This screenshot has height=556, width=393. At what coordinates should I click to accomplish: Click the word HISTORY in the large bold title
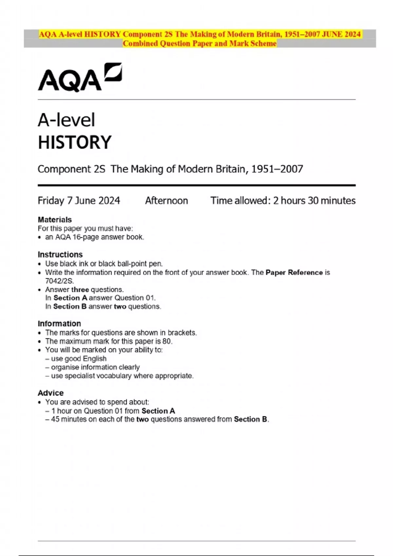75,142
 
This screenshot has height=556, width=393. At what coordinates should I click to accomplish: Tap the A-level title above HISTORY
66,120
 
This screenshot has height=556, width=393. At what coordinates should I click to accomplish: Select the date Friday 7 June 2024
79,200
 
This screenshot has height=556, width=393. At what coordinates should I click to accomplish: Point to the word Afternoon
166,200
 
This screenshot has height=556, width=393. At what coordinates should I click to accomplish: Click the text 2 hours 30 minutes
314,200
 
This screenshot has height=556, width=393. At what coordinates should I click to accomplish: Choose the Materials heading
55,219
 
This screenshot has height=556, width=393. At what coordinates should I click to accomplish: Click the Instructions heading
60,254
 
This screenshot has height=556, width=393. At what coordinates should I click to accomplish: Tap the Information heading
59,323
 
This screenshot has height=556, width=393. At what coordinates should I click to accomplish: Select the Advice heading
51,393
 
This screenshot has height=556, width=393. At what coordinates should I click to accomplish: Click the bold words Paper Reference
294,272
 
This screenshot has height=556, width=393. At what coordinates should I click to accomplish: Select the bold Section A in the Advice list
159,411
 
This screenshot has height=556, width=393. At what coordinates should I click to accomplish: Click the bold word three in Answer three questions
80,289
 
